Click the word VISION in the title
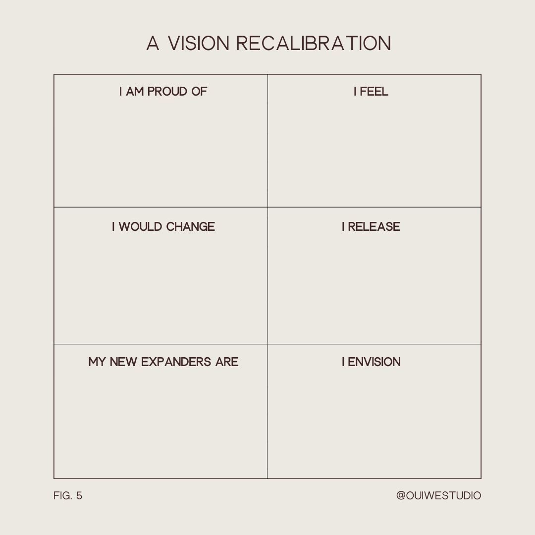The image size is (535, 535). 198,44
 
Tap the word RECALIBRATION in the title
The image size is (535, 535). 314,44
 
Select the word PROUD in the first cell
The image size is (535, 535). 167,92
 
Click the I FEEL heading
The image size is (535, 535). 371,92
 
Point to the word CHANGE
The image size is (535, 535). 191,227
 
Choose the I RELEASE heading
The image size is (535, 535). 371,227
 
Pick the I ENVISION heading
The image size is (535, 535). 371,362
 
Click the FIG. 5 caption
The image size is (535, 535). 68,496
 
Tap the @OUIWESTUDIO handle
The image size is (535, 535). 438,496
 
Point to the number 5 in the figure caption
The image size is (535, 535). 79,496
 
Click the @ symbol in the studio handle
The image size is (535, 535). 401,496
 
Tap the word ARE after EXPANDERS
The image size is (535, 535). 227,362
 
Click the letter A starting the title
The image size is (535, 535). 153,44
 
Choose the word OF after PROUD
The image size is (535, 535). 198,92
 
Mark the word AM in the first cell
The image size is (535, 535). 135,92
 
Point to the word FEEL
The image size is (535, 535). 374,92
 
